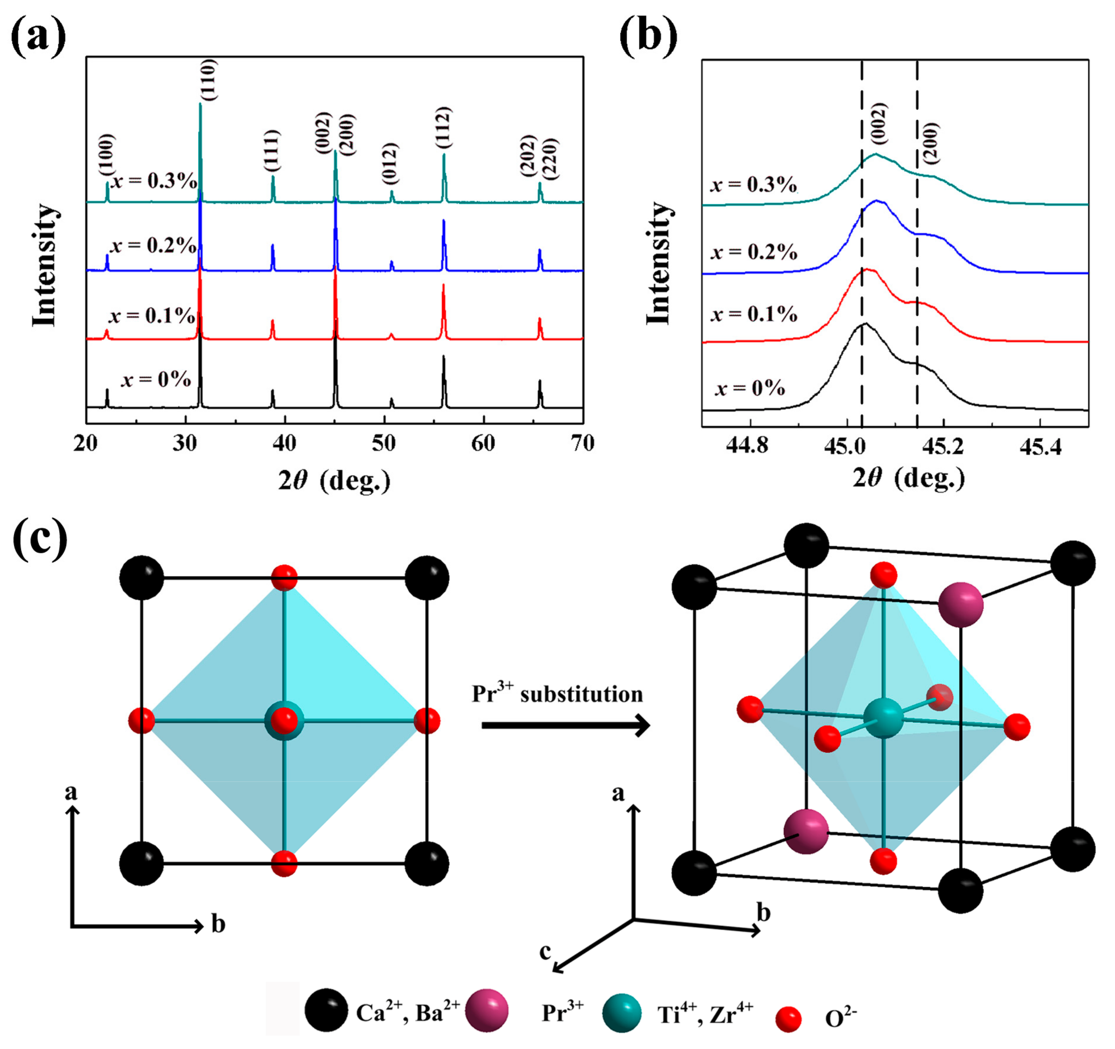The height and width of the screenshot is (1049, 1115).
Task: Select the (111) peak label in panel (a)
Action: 273,150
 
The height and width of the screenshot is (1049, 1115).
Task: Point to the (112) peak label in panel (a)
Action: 444,128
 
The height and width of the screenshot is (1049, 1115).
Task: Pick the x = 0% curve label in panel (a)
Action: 156,380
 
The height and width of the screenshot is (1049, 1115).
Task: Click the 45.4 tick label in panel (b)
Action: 1040,447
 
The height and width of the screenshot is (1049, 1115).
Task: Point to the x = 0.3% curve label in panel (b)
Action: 754,185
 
